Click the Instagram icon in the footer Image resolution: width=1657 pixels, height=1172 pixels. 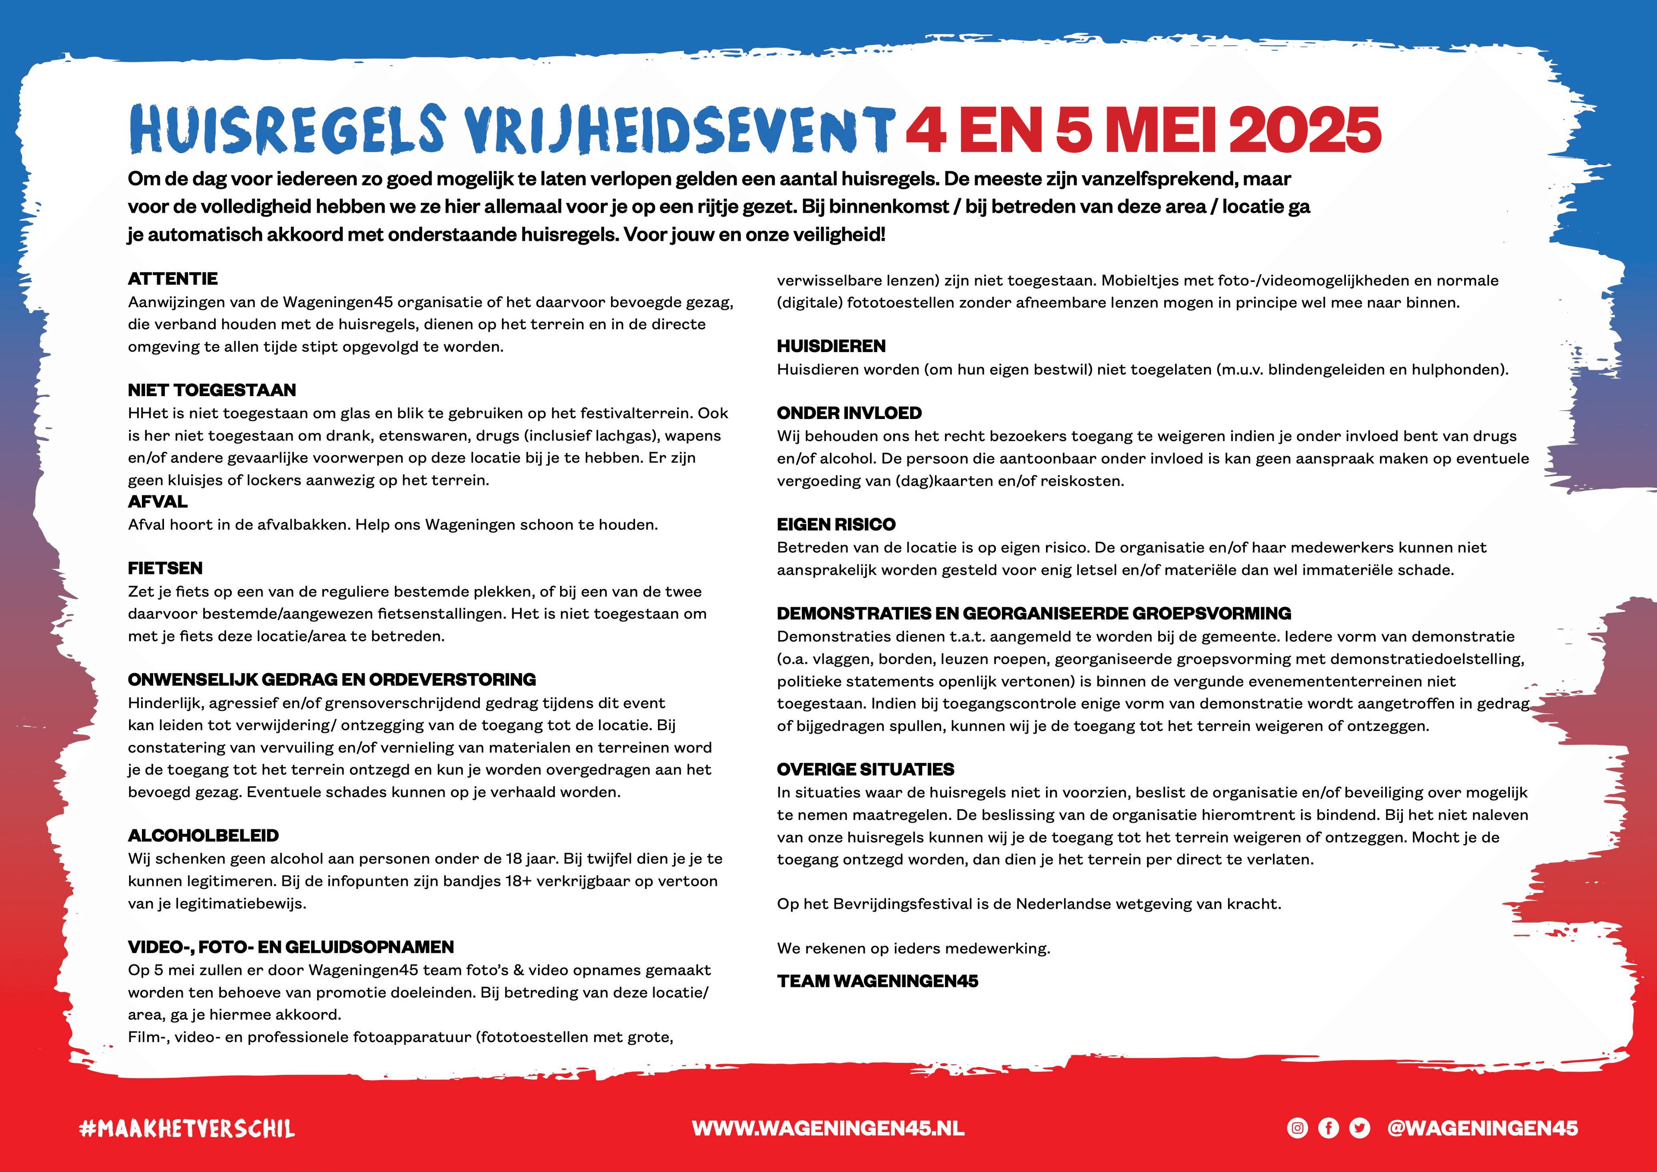[x=1297, y=1128]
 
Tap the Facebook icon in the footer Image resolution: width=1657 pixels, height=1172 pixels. [x=1328, y=1128]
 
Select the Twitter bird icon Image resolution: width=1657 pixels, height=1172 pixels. [x=1360, y=1128]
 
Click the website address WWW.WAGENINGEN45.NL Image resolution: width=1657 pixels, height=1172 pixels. [x=828, y=1128]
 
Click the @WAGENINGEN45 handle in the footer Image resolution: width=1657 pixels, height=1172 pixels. [x=1482, y=1128]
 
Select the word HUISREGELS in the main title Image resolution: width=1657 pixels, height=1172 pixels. [x=287, y=130]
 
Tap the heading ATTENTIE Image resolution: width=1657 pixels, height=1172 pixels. [x=173, y=279]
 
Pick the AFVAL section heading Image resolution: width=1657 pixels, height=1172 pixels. [x=158, y=501]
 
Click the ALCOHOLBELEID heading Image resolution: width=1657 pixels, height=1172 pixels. [x=203, y=836]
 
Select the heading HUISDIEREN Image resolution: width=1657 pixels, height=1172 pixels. [x=831, y=347]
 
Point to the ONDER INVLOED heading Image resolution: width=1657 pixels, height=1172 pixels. [x=849, y=413]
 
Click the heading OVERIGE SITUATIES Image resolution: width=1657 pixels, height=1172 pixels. [x=865, y=769]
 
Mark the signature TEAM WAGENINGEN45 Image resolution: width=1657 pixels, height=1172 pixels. [x=877, y=981]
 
